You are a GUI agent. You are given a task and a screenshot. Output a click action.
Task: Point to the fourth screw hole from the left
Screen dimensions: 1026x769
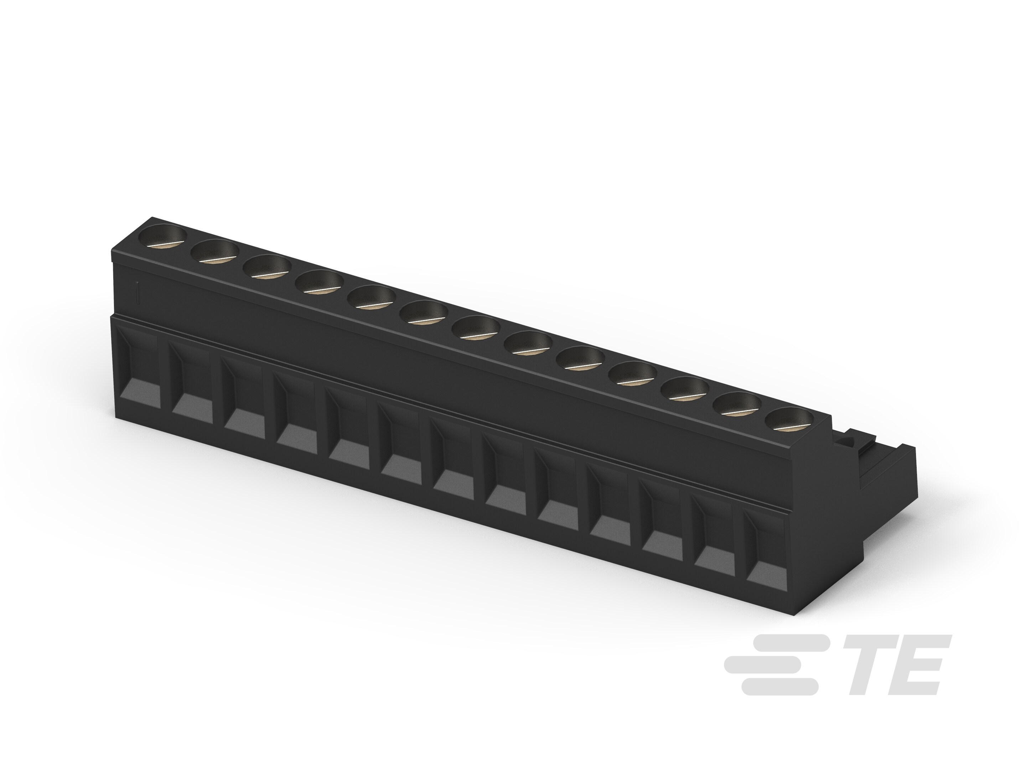[x=319, y=282]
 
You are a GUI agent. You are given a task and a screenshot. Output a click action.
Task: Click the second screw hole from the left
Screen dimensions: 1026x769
[x=215, y=252]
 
